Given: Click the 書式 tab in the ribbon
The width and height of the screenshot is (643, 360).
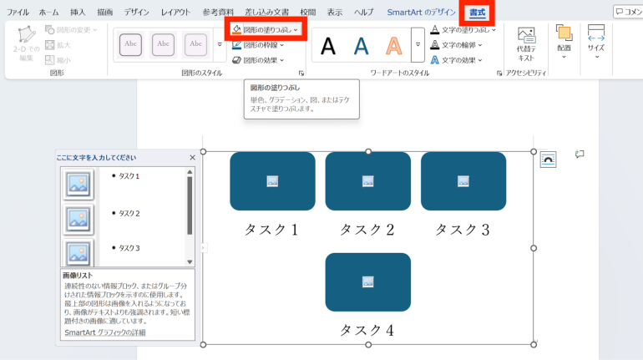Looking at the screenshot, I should pyautogui.click(x=477, y=13).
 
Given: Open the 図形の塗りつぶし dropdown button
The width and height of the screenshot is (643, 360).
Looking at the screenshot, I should pyautogui.click(x=266, y=29).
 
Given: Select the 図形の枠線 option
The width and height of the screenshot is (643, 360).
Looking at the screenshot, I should pyautogui.click(x=261, y=45).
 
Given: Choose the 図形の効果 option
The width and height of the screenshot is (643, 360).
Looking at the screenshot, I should pyautogui.click(x=261, y=60).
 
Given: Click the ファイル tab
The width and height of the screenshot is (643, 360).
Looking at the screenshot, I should pyautogui.click(x=18, y=13).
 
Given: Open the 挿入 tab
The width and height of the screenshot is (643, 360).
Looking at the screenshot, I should pyautogui.click(x=78, y=13).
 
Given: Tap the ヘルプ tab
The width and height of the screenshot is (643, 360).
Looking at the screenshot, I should pyautogui.click(x=363, y=13).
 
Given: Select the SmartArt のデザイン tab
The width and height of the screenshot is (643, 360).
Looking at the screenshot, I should pyautogui.click(x=422, y=13).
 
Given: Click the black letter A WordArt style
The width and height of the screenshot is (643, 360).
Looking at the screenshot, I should pyautogui.click(x=328, y=46).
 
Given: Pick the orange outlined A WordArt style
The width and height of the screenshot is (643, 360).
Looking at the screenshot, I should pyautogui.click(x=393, y=46).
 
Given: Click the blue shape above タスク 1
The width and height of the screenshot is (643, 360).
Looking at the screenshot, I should pyautogui.click(x=272, y=181).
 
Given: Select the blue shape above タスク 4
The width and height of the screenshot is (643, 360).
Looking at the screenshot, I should pyautogui.click(x=367, y=281).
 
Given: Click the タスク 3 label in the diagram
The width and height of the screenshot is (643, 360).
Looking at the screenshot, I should pyautogui.click(x=463, y=229).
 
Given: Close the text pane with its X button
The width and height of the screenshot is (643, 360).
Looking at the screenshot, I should pyautogui.click(x=192, y=158).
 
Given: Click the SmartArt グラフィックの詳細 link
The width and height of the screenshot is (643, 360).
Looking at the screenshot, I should pyautogui.click(x=104, y=332).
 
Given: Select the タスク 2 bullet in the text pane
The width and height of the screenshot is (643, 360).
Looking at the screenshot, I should pyautogui.click(x=129, y=213).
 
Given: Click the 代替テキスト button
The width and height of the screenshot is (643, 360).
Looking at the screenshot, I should pyautogui.click(x=526, y=43).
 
